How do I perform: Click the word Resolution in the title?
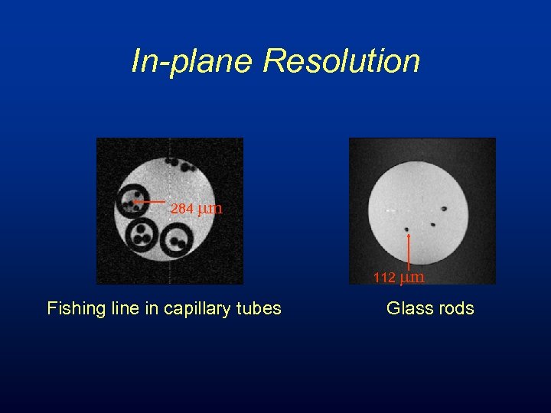tap(341, 61)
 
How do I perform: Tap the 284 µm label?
tap(196, 208)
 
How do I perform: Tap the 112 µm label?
tap(399, 278)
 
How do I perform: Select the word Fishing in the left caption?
tap(73, 309)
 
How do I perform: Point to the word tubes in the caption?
tap(259, 309)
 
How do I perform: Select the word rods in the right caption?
tap(457, 309)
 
